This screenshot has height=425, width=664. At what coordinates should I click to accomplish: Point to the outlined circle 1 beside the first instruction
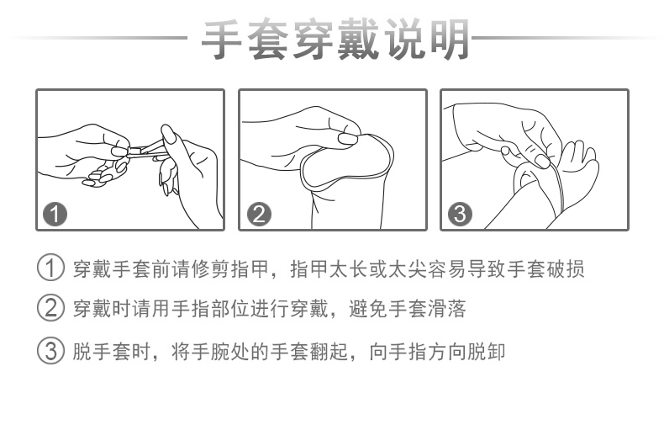52,270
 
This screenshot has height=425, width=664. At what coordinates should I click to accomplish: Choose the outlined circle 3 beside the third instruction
52,349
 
